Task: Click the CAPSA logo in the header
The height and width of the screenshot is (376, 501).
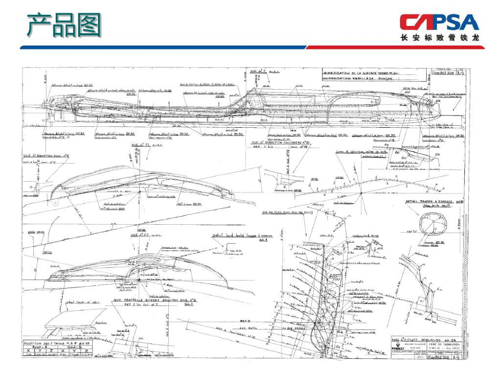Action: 439,22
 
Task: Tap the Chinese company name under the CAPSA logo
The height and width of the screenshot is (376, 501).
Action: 439,38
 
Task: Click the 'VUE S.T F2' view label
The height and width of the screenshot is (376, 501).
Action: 139,235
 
